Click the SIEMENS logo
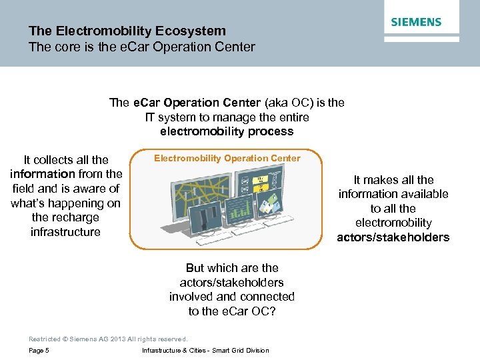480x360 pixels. click(416, 22)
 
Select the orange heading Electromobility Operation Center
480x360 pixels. click(227, 158)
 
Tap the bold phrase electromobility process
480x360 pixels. click(227, 131)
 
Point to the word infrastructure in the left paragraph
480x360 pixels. click(65, 232)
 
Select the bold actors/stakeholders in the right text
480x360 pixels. click(393, 237)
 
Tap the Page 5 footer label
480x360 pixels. click(39, 351)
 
